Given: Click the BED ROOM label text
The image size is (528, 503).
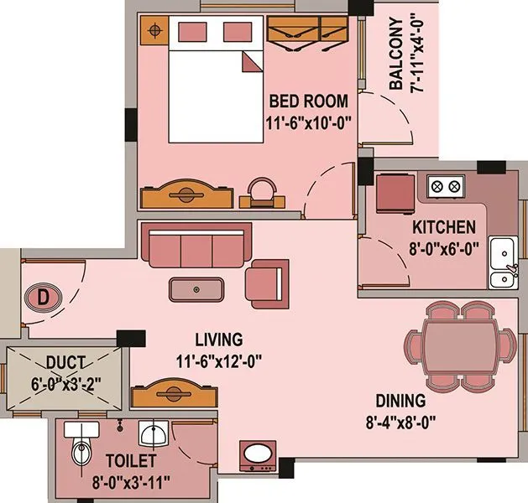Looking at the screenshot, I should click(308, 101).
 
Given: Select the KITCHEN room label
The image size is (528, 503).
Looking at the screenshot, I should click(444, 227).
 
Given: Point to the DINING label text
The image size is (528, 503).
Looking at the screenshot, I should click(400, 401).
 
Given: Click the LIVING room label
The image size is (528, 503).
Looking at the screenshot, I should click(218, 340).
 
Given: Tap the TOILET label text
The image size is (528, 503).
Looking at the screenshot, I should click(130, 461).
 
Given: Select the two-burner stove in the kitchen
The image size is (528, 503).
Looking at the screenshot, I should click(446, 185).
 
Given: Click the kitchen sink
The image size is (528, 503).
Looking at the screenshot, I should click(503, 251).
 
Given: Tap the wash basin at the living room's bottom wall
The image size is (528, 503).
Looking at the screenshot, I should click(256, 458).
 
